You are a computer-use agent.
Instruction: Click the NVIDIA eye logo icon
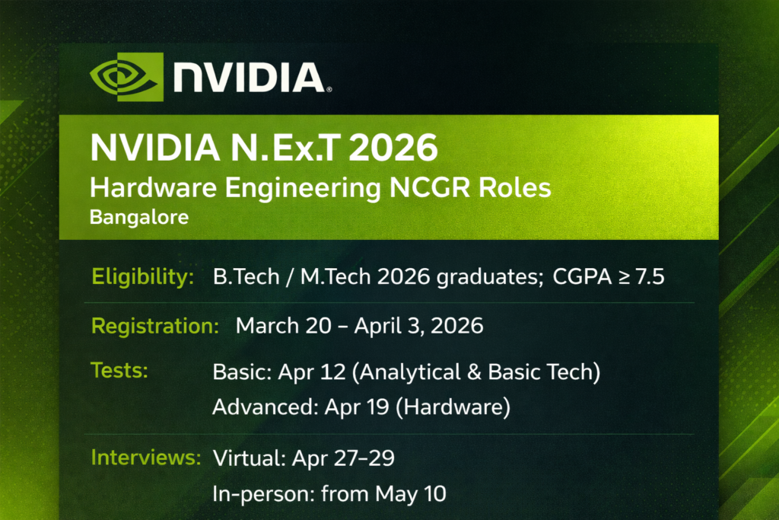[x=127, y=77]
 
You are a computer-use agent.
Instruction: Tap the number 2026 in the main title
[x=393, y=148]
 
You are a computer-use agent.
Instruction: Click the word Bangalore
[x=139, y=217]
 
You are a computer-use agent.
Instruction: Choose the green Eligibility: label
[x=142, y=276]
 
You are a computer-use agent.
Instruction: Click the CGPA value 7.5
[x=650, y=277]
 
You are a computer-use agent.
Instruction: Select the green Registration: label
[x=155, y=326]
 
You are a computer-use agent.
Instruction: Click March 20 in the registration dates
[x=283, y=326]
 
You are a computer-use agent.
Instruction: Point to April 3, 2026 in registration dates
[x=419, y=326]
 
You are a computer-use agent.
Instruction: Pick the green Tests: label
[x=119, y=371]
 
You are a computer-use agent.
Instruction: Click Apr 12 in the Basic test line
[x=311, y=372]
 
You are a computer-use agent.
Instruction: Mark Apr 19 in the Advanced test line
[x=357, y=407]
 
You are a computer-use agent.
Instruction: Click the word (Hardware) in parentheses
[x=453, y=407]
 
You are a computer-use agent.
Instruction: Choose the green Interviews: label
[x=145, y=458]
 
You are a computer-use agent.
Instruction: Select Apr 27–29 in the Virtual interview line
[x=343, y=458]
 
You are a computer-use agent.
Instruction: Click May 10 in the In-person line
[x=411, y=493]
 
